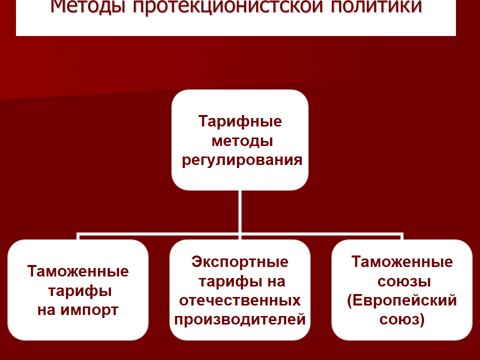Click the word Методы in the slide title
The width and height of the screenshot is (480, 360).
(88, 6)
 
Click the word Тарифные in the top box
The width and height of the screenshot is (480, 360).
(240, 121)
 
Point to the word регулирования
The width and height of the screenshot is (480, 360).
(242, 160)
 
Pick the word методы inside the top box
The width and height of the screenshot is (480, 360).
(242, 141)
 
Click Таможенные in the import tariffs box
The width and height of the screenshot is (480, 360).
(78, 271)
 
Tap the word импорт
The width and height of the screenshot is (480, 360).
(89, 310)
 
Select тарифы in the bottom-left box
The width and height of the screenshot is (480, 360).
(80, 291)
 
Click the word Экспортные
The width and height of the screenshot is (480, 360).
(240, 262)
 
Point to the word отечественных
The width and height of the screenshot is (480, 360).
(240, 300)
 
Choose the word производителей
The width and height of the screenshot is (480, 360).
(240, 319)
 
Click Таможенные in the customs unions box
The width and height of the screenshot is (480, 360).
(402, 262)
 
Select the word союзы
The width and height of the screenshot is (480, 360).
(404, 281)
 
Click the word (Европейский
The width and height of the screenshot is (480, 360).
(402, 300)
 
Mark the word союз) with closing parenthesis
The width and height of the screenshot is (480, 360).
(402, 319)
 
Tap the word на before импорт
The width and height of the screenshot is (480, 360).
(46, 310)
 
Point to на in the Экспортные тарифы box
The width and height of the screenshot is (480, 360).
(276, 281)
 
